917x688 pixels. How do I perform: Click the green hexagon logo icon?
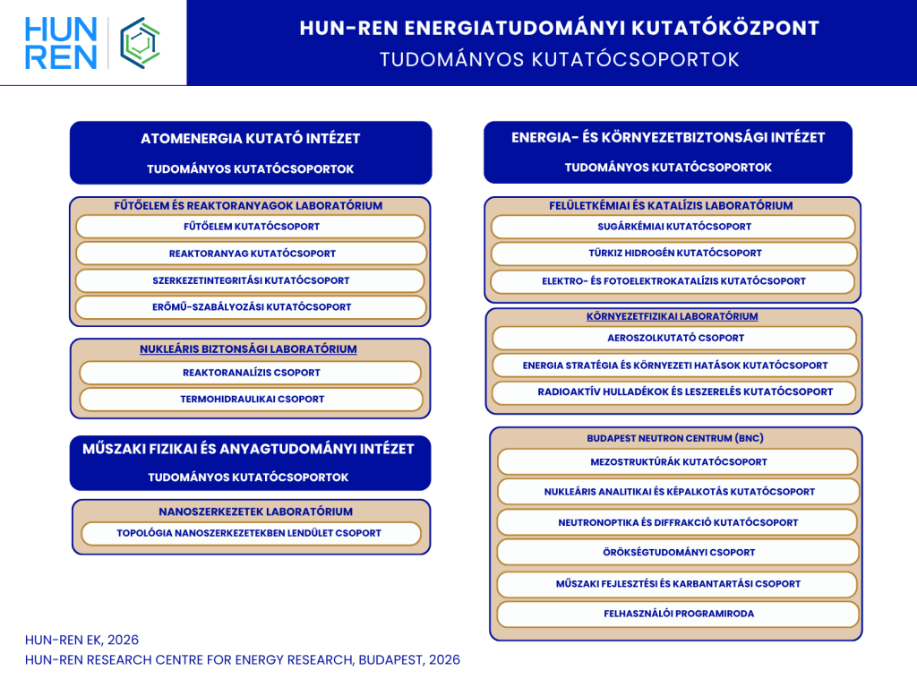tap(141, 42)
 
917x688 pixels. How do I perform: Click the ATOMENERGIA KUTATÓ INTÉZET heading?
tap(250, 139)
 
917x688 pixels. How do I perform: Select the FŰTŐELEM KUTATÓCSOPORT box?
tap(251, 227)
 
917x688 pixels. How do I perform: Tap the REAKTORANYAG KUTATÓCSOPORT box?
tap(251, 254)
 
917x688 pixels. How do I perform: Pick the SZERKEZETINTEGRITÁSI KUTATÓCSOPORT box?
tap(251, 280)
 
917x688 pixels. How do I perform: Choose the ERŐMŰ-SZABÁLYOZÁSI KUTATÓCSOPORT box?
tap(251, 307)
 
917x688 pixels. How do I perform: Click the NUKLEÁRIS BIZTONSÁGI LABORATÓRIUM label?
tap(248, 348)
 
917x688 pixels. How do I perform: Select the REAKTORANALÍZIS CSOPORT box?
tap(251, 373)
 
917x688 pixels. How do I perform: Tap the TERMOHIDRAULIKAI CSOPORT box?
tap(251, 400)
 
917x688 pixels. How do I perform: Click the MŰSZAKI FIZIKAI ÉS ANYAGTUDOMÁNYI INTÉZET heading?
tap(248, 449)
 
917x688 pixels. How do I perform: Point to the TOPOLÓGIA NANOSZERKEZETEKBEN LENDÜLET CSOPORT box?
tap(251, 533)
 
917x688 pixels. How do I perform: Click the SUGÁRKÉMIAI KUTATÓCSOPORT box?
tap(673, 227)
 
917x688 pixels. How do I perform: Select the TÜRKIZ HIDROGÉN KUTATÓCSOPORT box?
tap(673, 254)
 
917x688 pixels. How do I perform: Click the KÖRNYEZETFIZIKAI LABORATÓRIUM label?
tap(672, 316)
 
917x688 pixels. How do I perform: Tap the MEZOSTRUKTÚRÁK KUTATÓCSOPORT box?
tap(678, 462)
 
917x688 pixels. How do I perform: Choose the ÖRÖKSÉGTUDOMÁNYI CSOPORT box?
tap(679, 553)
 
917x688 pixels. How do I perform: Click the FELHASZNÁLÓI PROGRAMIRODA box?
tap(679, 614)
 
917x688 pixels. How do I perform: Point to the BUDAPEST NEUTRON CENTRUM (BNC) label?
tap(675, 438)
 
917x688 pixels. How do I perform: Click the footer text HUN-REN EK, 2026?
tap(81, 640)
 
